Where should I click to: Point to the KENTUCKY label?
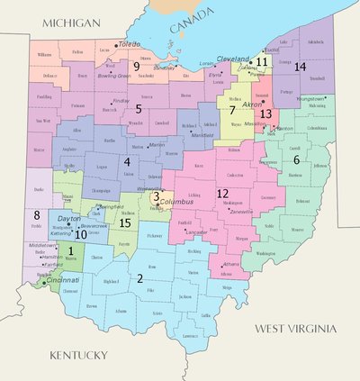[x=78, y=354]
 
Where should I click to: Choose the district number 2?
[x=139, y=278]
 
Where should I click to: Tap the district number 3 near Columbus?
[x=156, y=195]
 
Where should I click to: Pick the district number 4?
[x=128, y=162]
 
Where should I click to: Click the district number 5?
[x=138, y=108]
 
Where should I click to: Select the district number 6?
[x=295, y=159]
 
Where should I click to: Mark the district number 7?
[x=232, y=110]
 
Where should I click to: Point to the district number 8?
[x=36, y=215]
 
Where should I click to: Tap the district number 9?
[x=136, y=67]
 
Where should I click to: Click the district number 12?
[x=222, y=193]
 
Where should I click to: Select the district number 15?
[x=125, y=222]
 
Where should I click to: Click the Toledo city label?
[x=130, y=43]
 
